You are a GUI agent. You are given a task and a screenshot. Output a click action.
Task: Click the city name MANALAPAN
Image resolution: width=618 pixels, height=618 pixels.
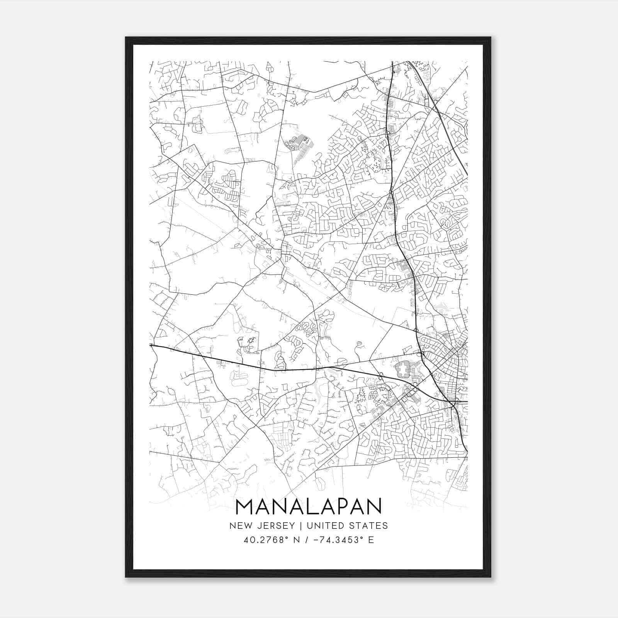coord(308,506)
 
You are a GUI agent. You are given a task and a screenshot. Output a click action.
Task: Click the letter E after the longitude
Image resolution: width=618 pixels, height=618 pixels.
coord(371,540)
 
